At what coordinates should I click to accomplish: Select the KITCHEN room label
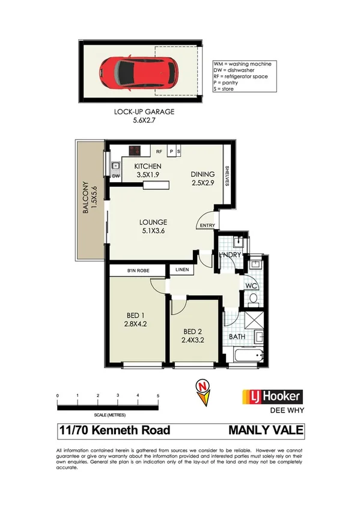[x=147, y=166]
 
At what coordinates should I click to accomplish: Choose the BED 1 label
[x=135, y=315]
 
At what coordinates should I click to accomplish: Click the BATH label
[x=236, y=336]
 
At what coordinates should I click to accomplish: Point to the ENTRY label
[x=207, y=226]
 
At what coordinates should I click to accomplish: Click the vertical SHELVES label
[x=228, y=176]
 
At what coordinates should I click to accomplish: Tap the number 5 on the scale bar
[x=158, y=395]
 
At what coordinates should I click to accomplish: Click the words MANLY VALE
[x=266, y=430]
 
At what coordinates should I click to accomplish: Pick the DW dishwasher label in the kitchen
[x=116, y=176]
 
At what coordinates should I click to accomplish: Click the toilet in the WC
[x=252, y=297]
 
